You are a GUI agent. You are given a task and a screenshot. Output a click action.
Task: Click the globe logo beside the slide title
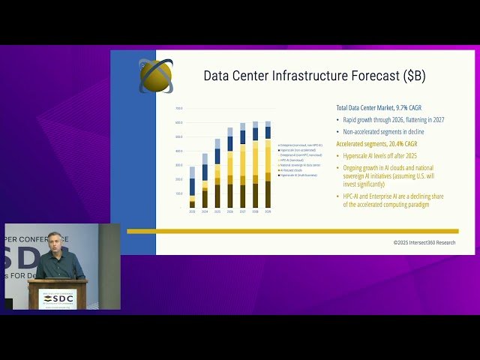click(155, 75)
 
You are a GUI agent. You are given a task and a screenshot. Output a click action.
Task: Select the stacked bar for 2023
click(192, 187)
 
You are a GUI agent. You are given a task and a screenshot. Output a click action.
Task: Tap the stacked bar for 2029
click(268, 164)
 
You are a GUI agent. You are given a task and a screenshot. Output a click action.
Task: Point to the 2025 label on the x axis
click(217, 212)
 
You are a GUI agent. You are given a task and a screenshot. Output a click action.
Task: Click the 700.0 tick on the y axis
click(178, 109)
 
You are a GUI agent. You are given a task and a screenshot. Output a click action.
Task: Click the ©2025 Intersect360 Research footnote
click(424, 242)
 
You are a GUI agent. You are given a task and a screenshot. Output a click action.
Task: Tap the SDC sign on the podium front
click(58, 298)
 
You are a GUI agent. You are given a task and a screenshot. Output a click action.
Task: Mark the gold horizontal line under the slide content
click(292, 231)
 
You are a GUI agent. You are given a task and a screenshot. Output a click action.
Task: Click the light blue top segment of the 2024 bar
click(205, 159)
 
